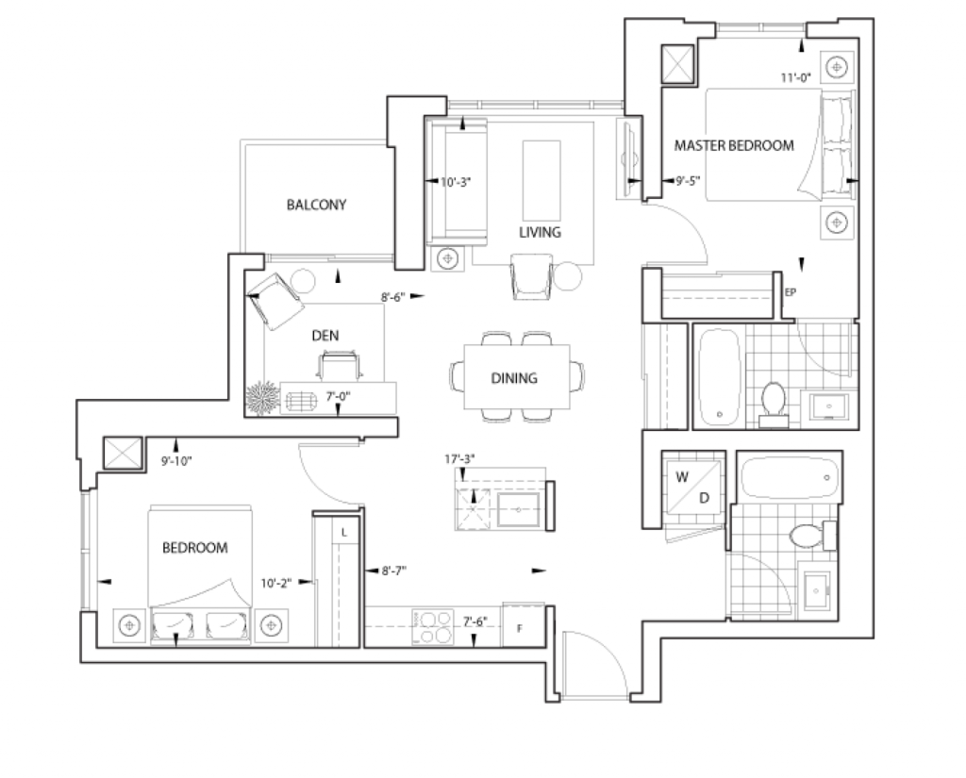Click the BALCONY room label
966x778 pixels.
[316, 205]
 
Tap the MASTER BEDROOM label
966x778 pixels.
[734, 145]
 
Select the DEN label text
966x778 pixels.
[325, 335]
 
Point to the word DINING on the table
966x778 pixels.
[514, 377]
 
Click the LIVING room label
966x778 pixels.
[540, 232]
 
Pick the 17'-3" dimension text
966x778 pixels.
[459, 459]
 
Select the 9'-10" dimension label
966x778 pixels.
[176, 461]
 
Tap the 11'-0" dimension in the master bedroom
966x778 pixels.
[796, 77]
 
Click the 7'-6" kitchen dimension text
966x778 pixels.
[475, 621]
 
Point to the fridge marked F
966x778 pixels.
[523, 625]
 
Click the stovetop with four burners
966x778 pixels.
[432, 628]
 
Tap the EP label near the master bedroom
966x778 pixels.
[791, 292]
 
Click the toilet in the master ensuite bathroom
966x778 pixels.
[774, 405]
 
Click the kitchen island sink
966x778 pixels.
[518, 509]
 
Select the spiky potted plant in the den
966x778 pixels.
[262, 398]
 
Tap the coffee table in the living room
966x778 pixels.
[541, 180]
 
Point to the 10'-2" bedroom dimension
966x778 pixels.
[276, 583]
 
